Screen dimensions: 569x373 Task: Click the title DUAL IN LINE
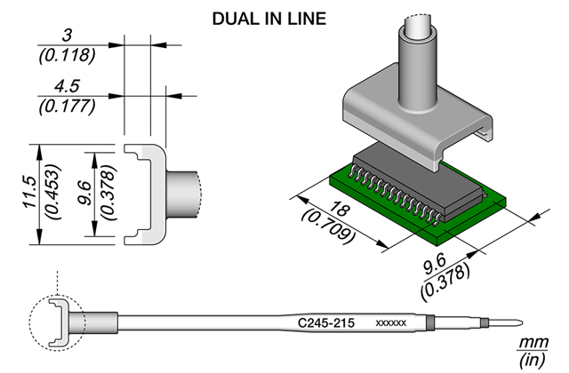pos(268,19)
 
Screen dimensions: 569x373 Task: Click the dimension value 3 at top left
pos(67,36)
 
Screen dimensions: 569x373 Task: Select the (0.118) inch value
pos(68,55)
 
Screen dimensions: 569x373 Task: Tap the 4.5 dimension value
pos(67,86)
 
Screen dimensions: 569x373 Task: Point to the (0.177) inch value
pos(68,107)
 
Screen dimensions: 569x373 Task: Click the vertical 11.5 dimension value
pos(29,192)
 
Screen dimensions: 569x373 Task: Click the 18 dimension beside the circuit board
pos(341,210)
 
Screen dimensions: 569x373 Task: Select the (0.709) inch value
pos(327,226)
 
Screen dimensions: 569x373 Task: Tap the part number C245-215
pos(326,322)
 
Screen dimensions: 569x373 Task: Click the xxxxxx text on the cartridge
pos(391,323)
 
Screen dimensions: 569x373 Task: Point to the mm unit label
pos(533,342)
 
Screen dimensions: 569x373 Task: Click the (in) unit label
pos(532,360)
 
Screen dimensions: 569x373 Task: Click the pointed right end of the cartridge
pos(523,322)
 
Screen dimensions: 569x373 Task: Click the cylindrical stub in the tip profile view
pos(182,194)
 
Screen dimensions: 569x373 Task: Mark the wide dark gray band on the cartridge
pos(429,322)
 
